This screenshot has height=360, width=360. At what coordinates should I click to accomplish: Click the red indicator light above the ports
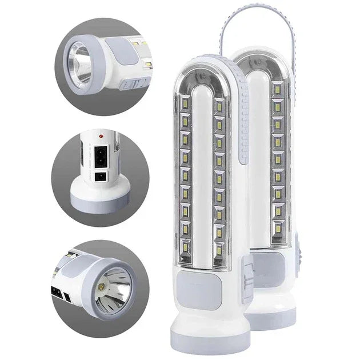[x=101, y=136]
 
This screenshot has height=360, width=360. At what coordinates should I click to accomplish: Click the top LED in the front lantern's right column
[x=219, y=104]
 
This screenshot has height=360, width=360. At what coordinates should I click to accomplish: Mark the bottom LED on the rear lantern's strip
[x=278, y=227]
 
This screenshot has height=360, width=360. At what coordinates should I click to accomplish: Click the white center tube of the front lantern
[x=202, y=171]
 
